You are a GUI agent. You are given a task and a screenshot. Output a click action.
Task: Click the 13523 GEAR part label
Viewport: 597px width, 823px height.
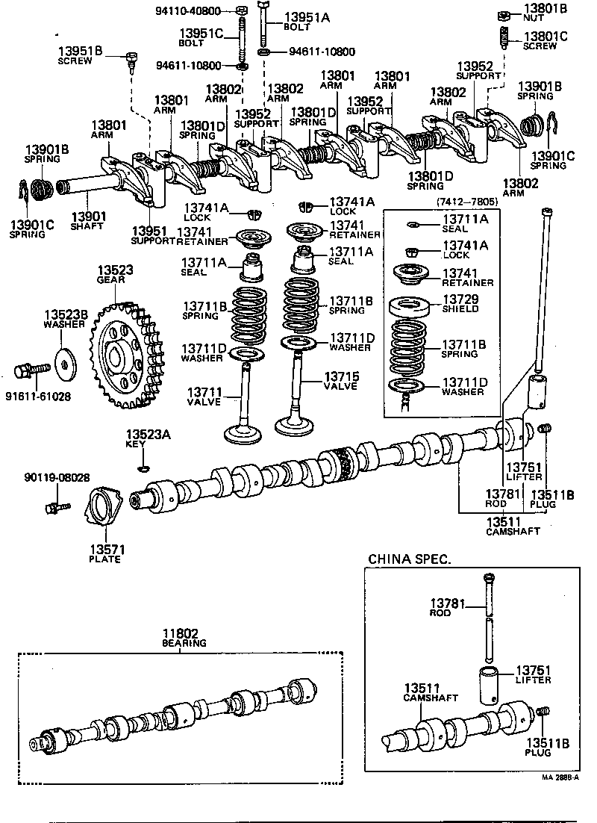pos(110,275)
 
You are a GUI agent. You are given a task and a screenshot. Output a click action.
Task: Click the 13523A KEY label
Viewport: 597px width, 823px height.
pos(142,439)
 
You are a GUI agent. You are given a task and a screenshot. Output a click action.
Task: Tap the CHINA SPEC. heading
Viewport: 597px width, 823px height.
pos(410,558)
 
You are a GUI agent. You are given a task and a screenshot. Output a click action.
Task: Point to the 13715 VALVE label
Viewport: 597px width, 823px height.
pos(340,380)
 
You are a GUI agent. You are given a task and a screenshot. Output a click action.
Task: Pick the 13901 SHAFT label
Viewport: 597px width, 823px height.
pos(86,220)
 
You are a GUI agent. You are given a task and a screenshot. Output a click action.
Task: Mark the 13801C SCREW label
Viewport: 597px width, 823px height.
pos(545,40)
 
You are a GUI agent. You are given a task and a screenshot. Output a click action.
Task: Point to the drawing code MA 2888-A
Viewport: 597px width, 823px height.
pos(560,776)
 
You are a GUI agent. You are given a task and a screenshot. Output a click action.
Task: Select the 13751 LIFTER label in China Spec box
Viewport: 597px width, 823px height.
pos(533,674)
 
